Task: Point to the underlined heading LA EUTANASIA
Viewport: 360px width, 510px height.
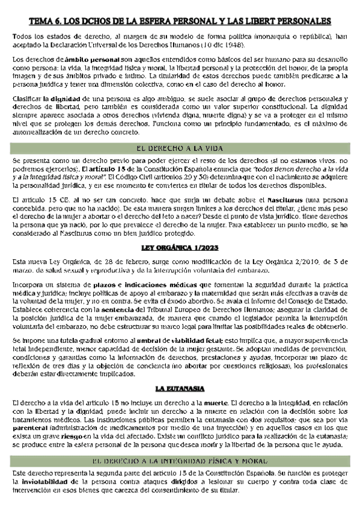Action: click(x=180, y=370)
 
